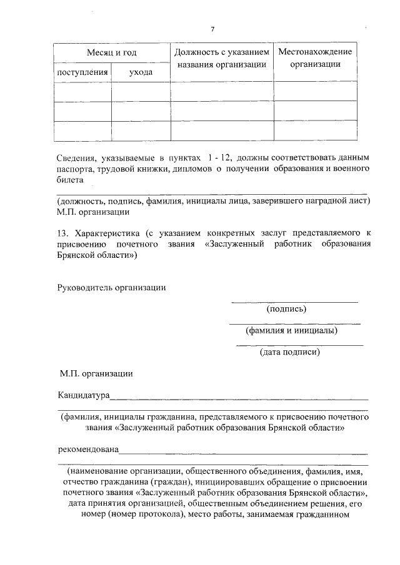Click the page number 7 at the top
(x=212, y=29)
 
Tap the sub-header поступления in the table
(x=82, y=73)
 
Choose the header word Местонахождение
(x=315, y=51)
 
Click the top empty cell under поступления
(x=82, y=91)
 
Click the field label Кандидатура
(x=83, y=396)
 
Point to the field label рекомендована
(x=87, y=450)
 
